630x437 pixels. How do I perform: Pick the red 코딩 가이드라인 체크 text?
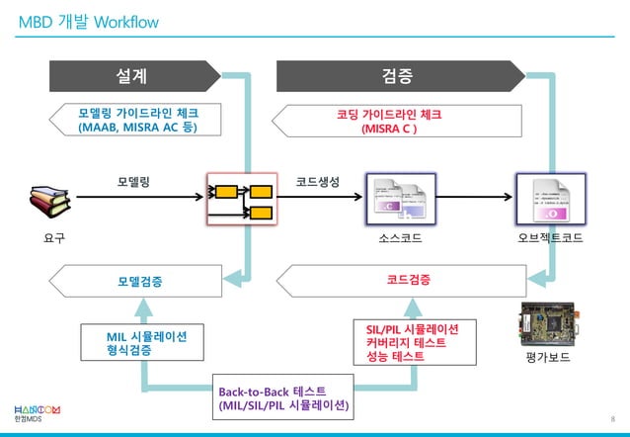tap(390, 121)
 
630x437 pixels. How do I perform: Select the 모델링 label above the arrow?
tap(133, 182)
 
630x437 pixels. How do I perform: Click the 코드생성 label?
tap(318, 182)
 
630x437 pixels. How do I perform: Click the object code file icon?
tap(550, 199)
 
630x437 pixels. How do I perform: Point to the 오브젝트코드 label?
tap(550, 238)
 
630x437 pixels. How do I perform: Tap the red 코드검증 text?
tap(407, 281)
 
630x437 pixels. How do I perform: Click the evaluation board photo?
tap(549, 325)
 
